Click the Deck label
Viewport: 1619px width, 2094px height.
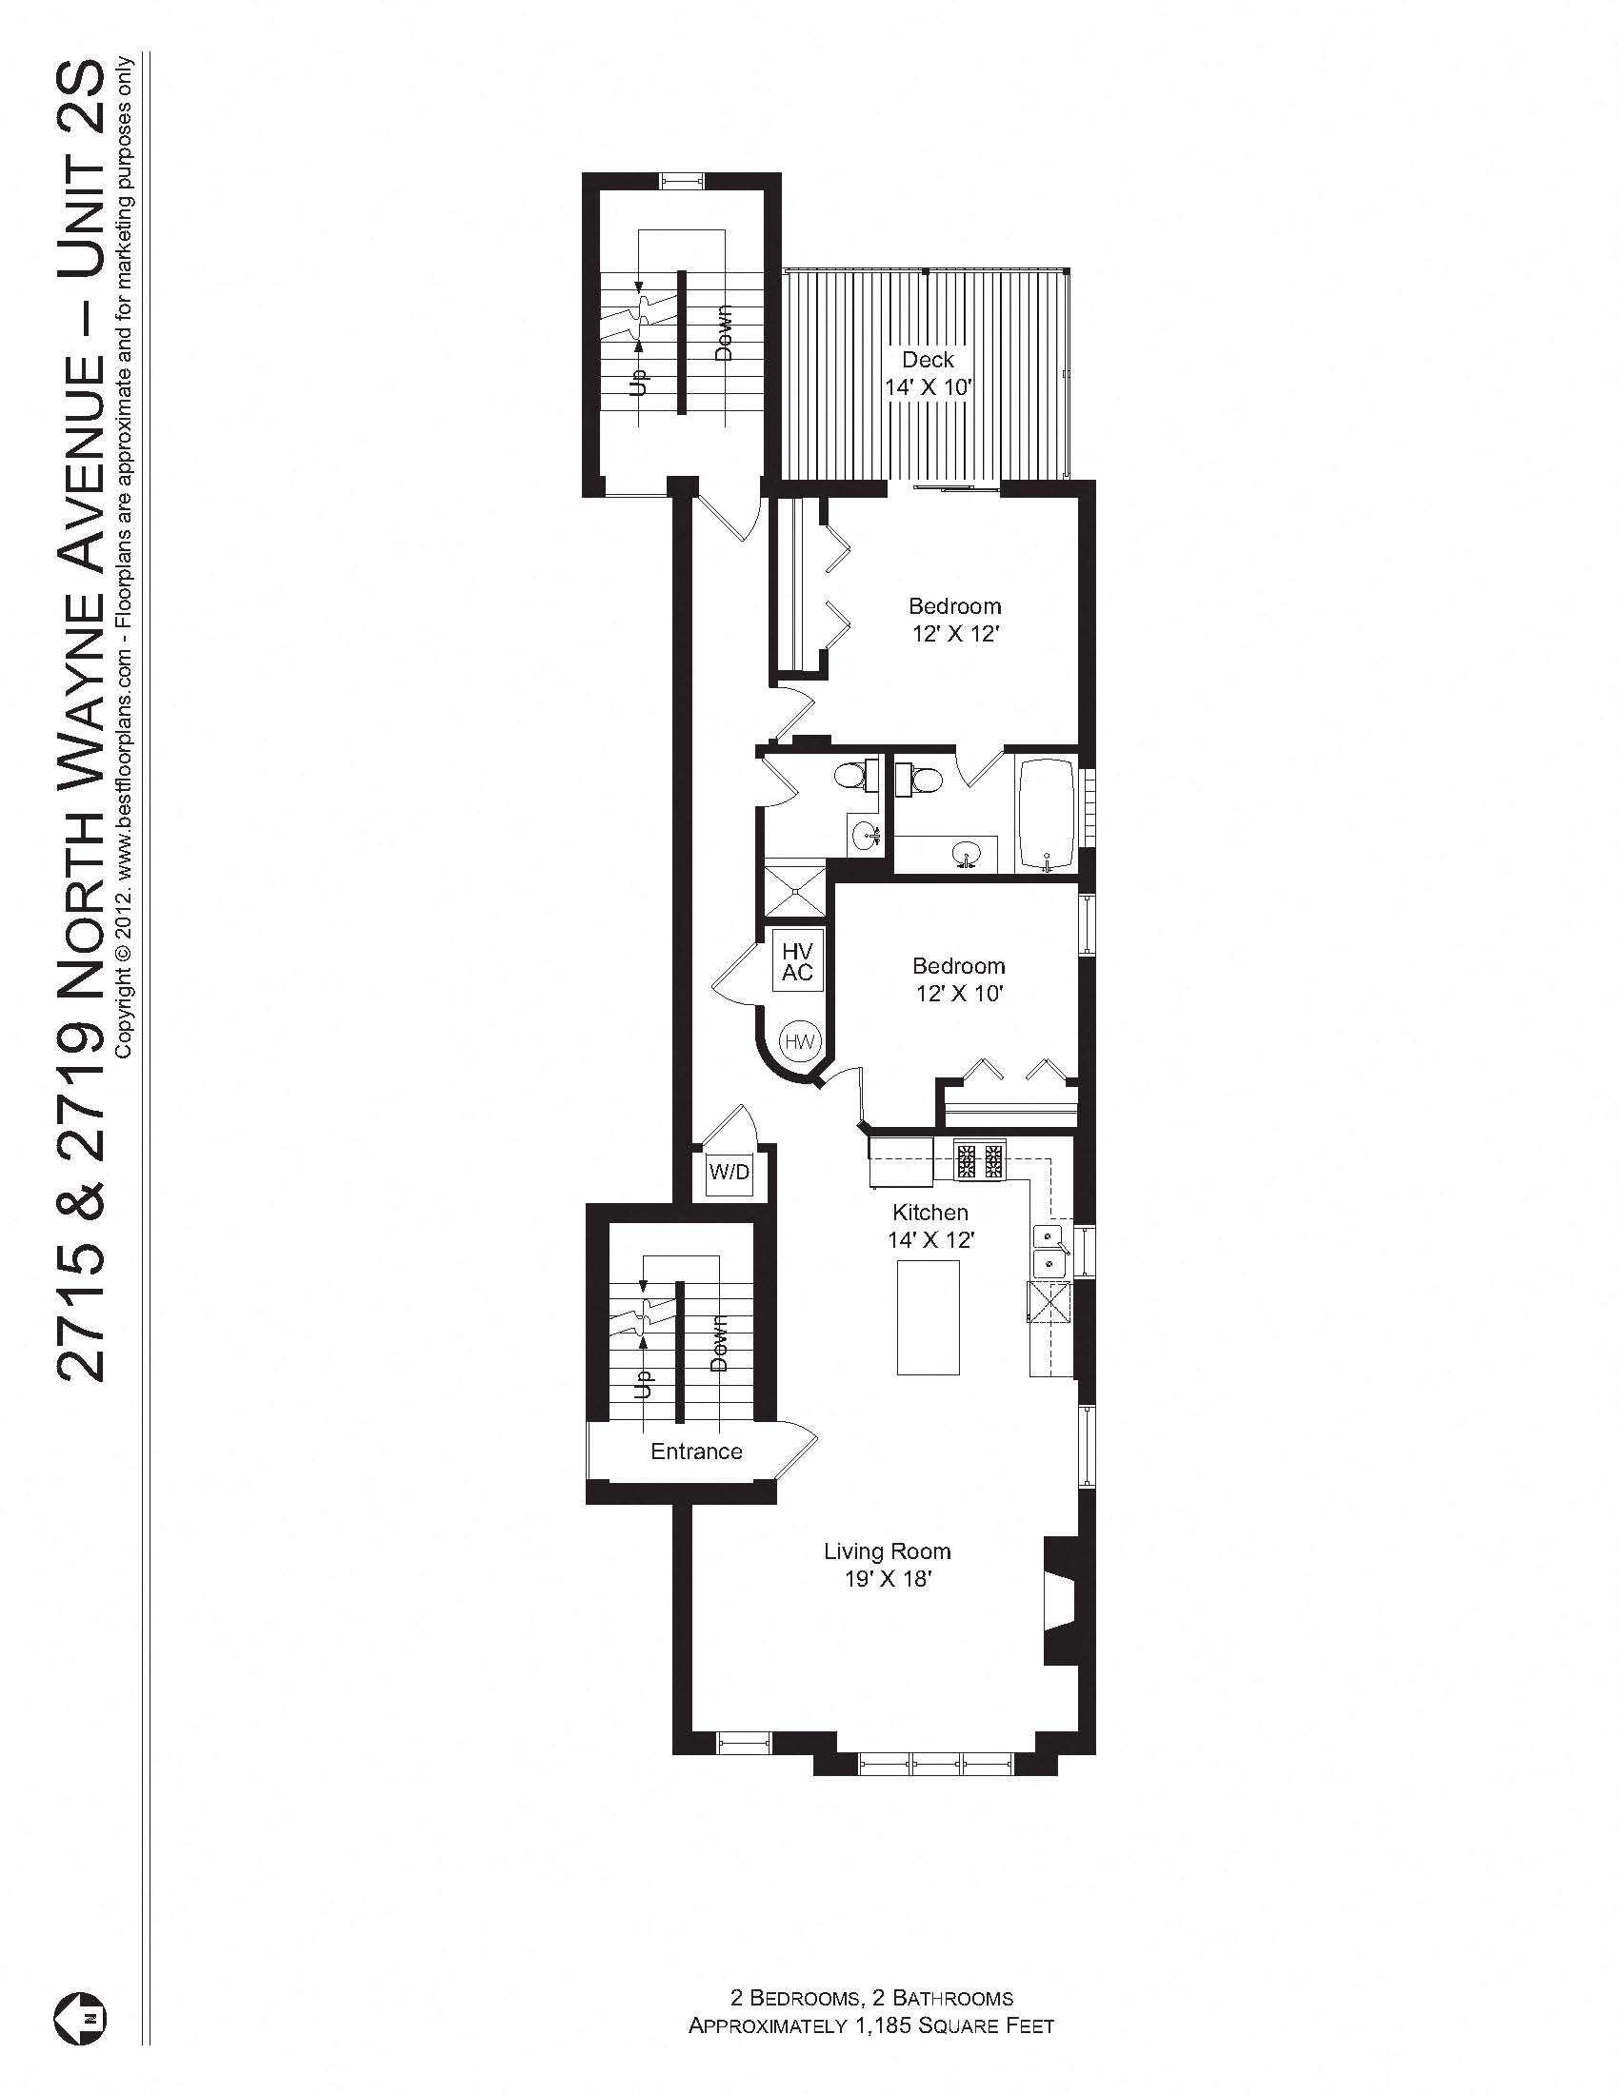[928, 361]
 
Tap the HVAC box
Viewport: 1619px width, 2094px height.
[797, 961]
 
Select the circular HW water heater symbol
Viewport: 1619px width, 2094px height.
[799, 1040]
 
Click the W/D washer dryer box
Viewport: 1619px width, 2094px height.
[729, 1172]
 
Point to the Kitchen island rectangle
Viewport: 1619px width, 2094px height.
[928, 1317]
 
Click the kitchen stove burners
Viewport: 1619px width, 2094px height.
[979, 1161]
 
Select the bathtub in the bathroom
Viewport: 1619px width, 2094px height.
[1049, 816]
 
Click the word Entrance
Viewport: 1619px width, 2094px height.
[696, 1452]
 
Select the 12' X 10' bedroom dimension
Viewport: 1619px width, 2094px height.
[958, 994]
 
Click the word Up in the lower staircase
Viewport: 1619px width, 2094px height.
[643, 1383]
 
